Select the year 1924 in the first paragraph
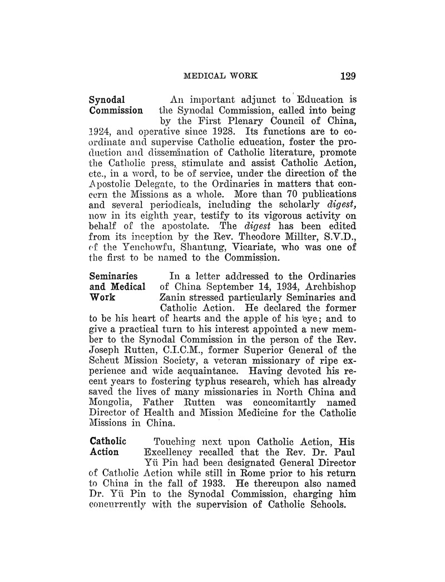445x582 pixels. pyautogui.click(x=101, y=147)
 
